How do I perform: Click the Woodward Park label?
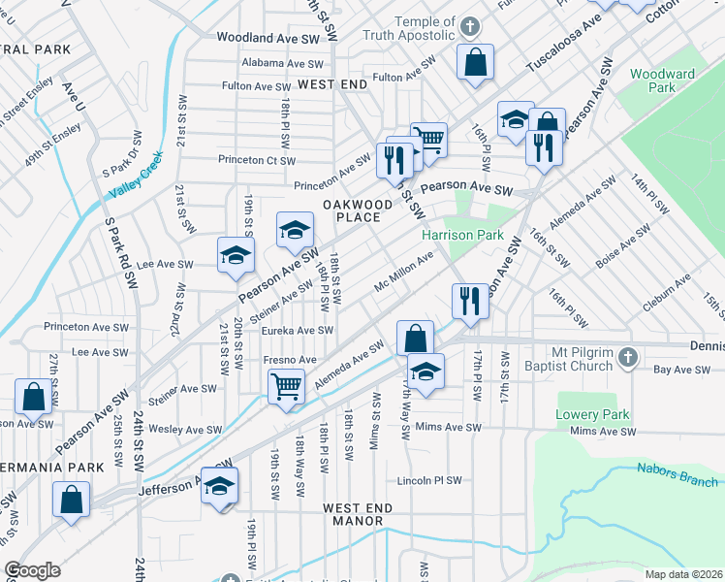(x=662, y=81)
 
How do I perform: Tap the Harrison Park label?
(x=461, y=235)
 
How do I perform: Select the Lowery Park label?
(x=593, y=414)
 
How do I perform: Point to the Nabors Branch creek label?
(x=678, y=475)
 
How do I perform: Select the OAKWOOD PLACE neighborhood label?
(x=358, y=210)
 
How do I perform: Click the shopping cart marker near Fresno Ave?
(x=287, y=386)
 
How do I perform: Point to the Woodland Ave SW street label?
(x=268, y=38)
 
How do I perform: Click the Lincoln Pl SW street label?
(x=429, y=480)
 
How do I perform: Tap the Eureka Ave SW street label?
(x=298, y=330)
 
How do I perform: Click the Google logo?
(x=33, y=570)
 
